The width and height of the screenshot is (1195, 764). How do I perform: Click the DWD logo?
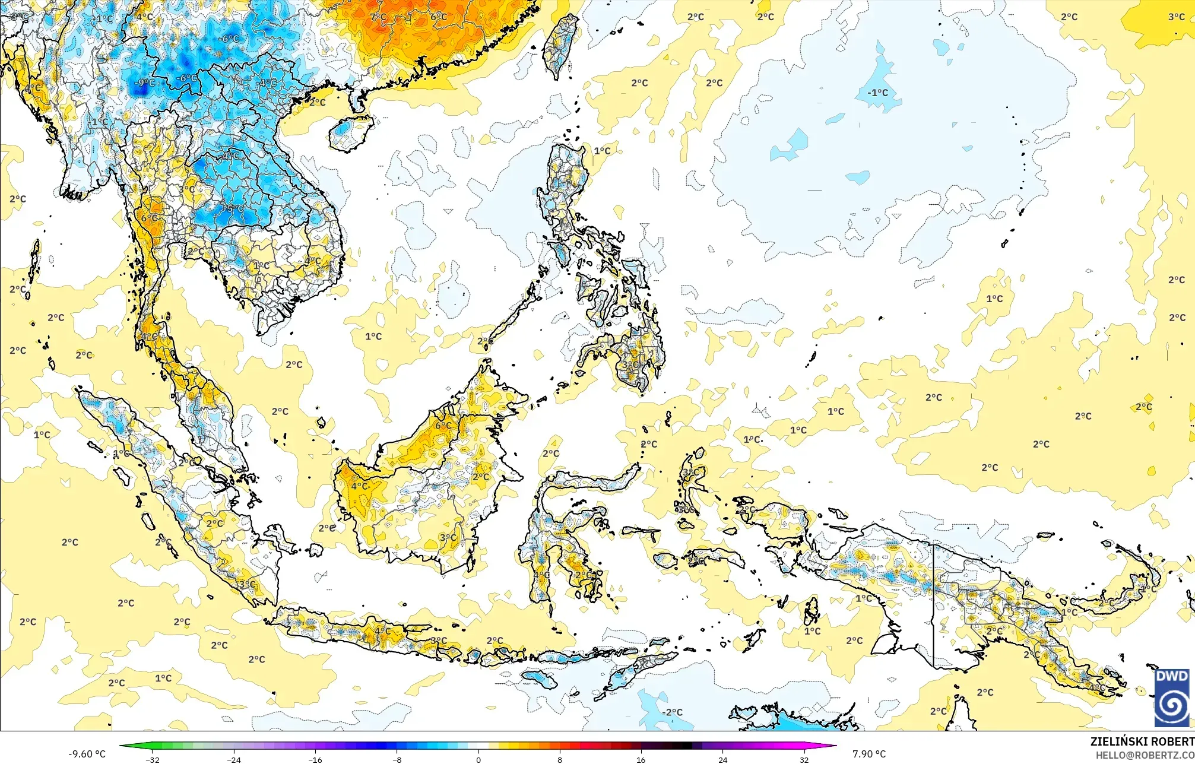[x=1172, y=698]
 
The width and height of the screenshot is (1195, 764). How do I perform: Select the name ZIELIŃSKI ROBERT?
[x=1142, y=741]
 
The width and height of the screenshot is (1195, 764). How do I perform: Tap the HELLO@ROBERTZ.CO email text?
[x=1145, y=755]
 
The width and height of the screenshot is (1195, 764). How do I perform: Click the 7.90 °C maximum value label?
[x=868, y=754]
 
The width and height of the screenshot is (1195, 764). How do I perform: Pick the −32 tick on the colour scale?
[x=153, y=759]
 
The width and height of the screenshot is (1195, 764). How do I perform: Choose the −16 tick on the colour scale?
[x=315, y=759]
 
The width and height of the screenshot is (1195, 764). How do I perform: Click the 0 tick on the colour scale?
[x=478, y=759]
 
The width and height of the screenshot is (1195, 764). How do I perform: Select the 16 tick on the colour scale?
[x=641, y=759]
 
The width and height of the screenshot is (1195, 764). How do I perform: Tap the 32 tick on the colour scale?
[x=804, y=759]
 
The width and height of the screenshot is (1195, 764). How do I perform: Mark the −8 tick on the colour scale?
[x=397, y=759]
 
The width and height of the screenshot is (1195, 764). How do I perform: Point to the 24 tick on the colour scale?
[x=722, y=759]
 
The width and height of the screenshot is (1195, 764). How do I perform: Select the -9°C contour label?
[x=144, y=83]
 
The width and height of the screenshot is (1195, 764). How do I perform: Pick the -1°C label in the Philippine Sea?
[x=877, y=93]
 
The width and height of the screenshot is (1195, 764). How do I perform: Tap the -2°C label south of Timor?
[x=672, y=712]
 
